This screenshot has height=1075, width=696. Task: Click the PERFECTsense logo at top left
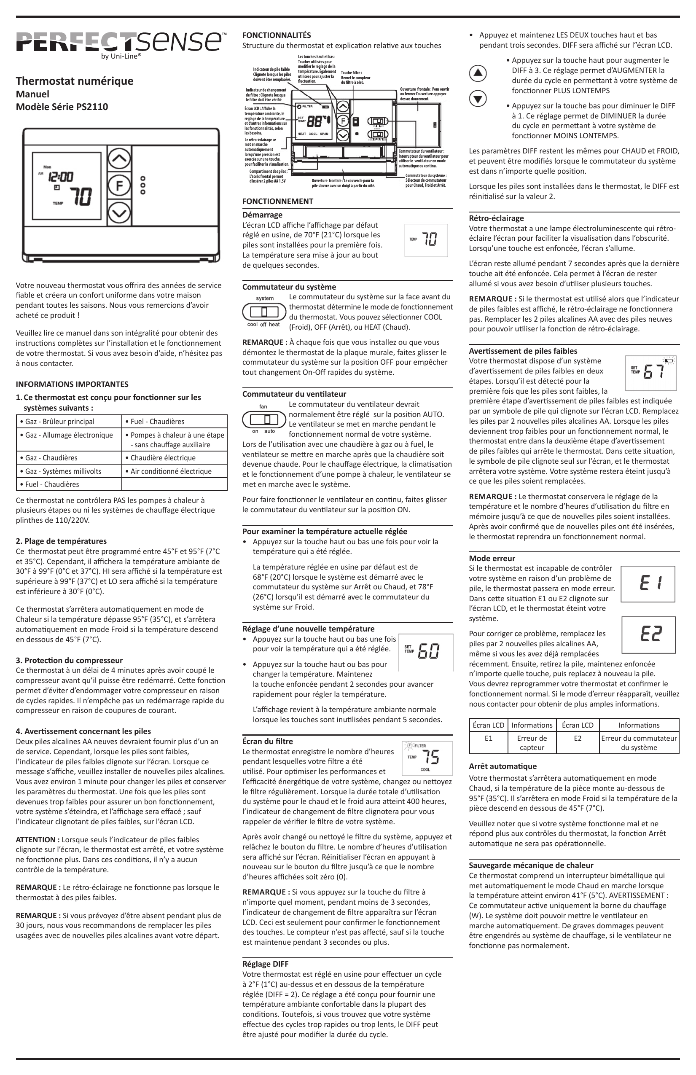(120, 43)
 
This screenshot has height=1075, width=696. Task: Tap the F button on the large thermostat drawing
(119, 185)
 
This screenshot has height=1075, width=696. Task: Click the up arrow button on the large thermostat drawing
(119, 159)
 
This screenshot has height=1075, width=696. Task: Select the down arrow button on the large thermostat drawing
(119, 212)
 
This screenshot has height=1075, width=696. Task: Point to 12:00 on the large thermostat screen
(61, 176)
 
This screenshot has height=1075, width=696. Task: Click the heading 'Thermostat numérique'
(75, 81)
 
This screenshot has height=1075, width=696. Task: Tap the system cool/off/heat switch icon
(264, 312)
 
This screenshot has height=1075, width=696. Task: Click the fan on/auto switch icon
(264, 419)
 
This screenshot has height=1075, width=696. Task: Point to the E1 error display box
(648, 584)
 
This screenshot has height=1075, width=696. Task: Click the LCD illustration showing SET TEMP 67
(650, 373)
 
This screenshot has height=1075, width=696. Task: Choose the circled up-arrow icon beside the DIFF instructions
(478, 73)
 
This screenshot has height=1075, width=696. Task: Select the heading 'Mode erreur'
(492, 558)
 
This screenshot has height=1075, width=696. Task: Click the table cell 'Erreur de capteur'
(532, 742)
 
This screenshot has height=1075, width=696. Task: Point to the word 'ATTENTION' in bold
(38, 840)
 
